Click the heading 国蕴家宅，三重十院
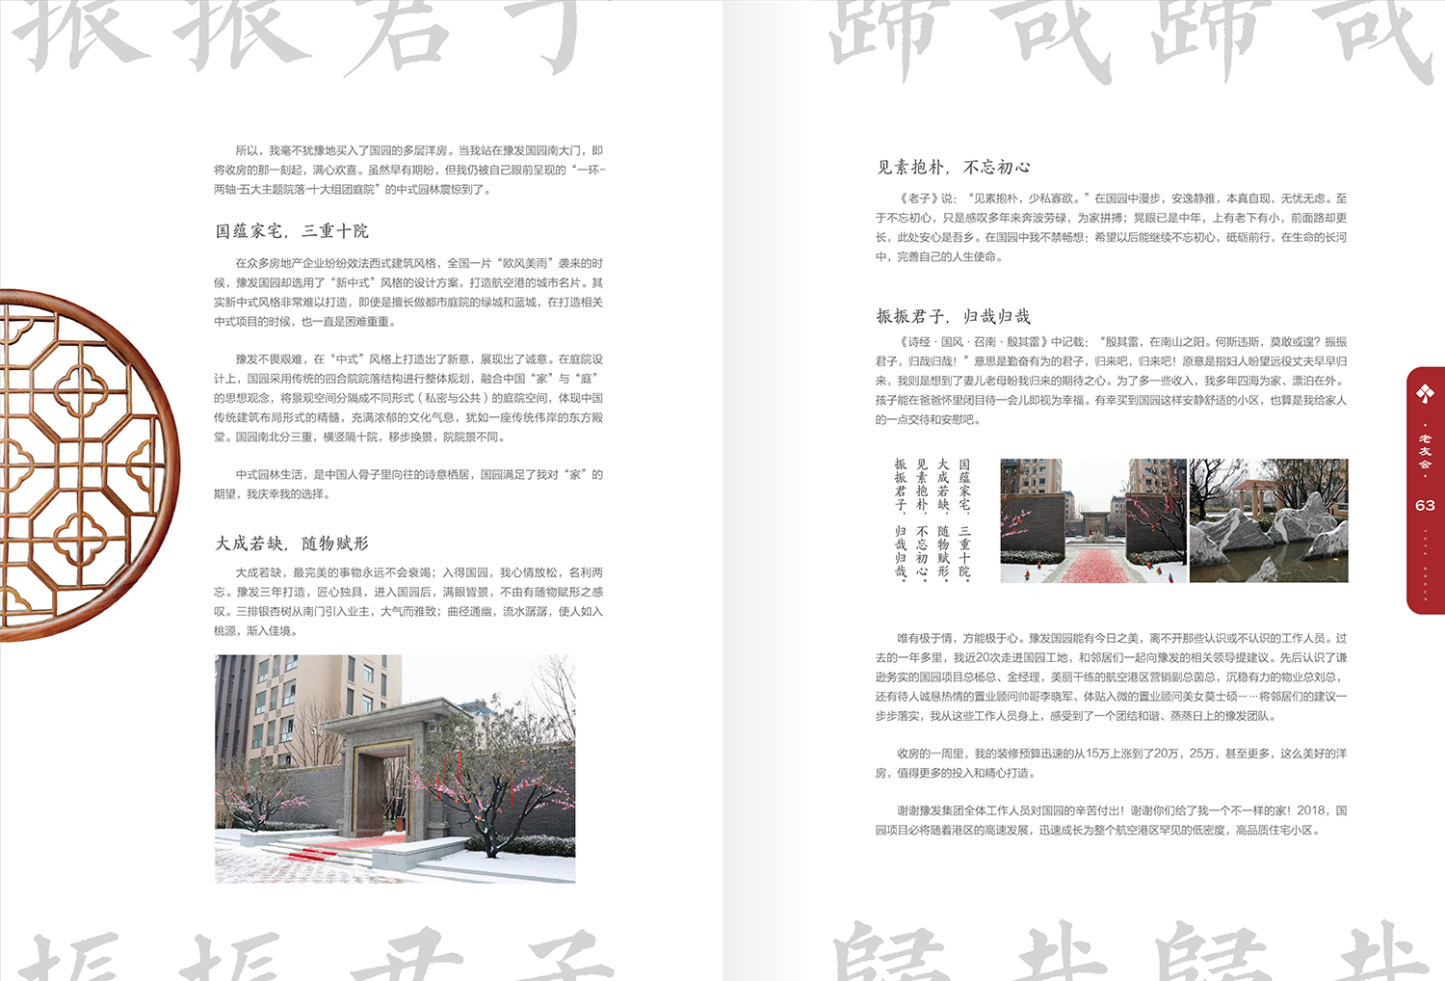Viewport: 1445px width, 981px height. [x=292, y=231]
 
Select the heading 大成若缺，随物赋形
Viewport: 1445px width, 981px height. [x=292, y=544]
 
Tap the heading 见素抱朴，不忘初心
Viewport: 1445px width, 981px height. [x=953, y=168]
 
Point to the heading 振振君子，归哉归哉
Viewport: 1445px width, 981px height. [x=953, y=316]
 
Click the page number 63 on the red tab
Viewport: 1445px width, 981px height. [x=1425, y=505]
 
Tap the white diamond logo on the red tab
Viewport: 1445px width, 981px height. [x=1425, y=393]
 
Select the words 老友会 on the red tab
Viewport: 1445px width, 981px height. [x=1425, y=451]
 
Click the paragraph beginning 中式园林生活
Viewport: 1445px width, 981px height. [x=408, y=484]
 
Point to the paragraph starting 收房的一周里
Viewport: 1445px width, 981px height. [x=1111, y=763]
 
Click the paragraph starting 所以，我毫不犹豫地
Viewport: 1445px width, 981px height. [x=408, y=170]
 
